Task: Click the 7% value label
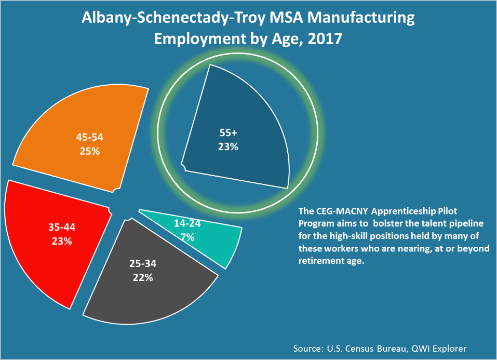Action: click(x=187, y=237)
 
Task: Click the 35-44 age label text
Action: click(x=62, y=228)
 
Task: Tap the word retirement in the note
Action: click(x=321, y=261)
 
